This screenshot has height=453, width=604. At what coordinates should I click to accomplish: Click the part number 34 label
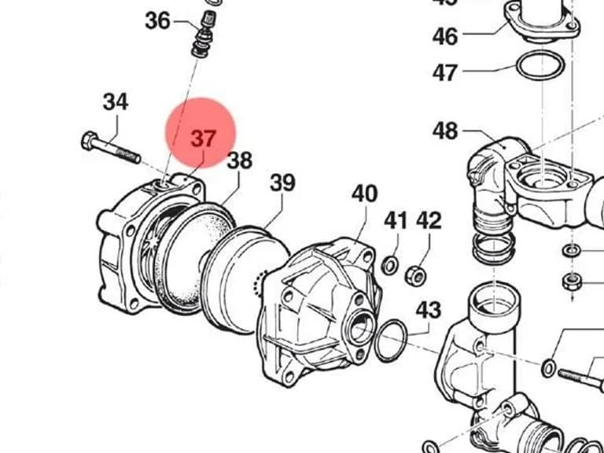[x=116, y=102]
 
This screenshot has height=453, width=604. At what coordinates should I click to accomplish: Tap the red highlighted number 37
[x=204, y=138]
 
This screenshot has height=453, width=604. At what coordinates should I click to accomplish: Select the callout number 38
[x=240, y=160]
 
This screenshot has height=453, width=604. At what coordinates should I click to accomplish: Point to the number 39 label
[x=282, y=182]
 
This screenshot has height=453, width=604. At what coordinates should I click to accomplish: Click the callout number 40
[x=364, y=193]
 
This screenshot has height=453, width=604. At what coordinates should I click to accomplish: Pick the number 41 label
[x=396, y=221]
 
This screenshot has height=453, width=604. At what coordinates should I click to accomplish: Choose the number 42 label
[x=429, y=221]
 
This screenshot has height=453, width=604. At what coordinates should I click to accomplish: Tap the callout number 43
[x=429, y=310]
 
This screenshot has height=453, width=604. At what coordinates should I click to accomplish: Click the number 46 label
[x=445, y=37]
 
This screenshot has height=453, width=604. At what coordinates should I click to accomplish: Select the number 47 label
[x=445, y=72]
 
